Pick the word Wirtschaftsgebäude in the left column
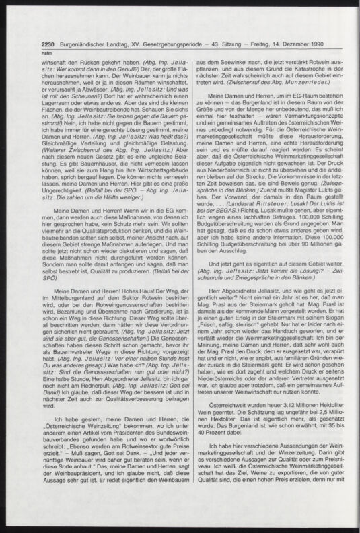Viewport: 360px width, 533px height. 143,170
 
